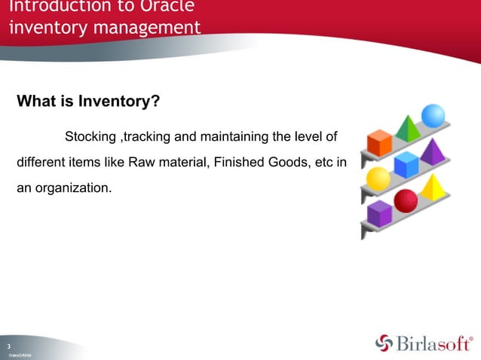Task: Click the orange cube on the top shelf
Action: [x=378, y=143]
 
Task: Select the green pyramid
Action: [x=408, y=129]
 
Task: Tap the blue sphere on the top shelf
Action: [x=433, y=115]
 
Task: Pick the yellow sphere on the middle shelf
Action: [x=377, y=179]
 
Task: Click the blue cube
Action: [x=406, y=165]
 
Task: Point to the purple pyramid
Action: [x=434, y=151]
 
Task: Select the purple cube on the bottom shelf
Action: [x=379, y=214]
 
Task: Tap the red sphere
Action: [x=406, y=201]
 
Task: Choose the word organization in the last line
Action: [x=74, y=187]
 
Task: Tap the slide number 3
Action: [x=10, y=345]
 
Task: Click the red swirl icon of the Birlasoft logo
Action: [x=384, y=343]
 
